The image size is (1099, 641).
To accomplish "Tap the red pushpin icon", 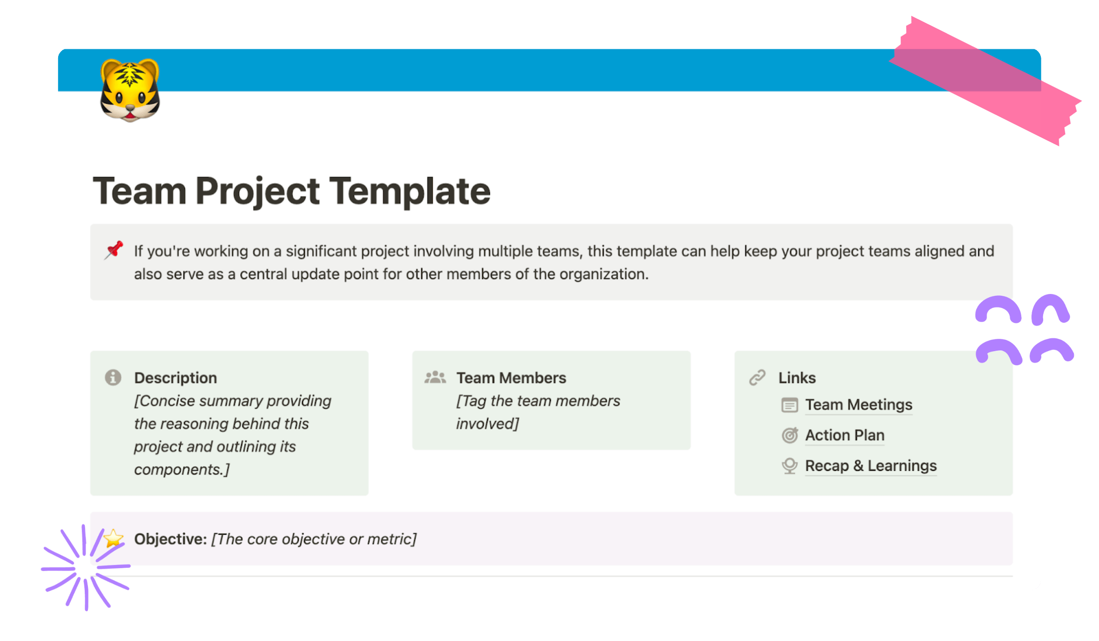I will click(x=114, y=250).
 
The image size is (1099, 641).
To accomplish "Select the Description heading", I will click(x=175, y=378).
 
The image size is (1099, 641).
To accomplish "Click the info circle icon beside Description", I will click(x=113, y=378).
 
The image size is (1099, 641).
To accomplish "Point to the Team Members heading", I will click(x=511, y=378).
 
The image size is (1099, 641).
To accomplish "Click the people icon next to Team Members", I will click(x=435, y=378).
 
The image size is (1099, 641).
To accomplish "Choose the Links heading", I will click(x=797, y=378).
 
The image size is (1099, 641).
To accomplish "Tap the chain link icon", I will click(x=757, y=378).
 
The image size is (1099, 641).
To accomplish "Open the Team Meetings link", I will click(x=859, y=405).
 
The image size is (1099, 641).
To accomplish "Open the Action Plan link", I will click(x=844, y=435).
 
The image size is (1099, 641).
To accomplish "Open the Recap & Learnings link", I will click(x=870, y=466).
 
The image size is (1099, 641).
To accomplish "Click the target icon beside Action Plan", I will click(x=790, y=435).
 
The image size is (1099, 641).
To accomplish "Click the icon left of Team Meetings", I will click(x=790, y=405).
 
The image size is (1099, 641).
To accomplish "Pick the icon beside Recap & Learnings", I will click(x=790, y=466).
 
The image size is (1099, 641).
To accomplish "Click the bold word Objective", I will click(x=170, y=539).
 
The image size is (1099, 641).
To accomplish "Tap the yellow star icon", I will click(x=113, y=538).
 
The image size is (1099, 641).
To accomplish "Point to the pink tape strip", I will click(x=985, y=80).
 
